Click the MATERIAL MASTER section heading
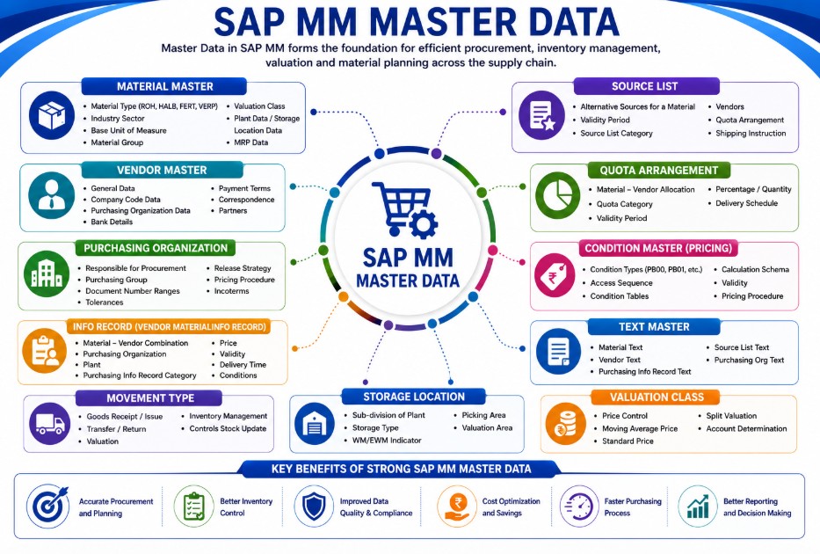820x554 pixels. click(x=164, y=86)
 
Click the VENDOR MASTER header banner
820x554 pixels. click(x=162, y=170)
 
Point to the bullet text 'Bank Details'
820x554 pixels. click(x=112, y=222)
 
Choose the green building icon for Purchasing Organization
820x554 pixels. click(x=47, y=273)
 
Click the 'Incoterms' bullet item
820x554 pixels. click(x=231, y=291)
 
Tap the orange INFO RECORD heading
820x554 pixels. click(x=169, y=327)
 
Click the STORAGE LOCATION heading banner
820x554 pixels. click(x=414, y=397)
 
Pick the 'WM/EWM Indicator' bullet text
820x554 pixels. click(x=387, y=441)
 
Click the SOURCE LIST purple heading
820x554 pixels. click(x=645, y=86)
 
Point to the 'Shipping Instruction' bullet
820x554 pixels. click(x=751, y=134)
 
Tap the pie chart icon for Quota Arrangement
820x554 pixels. click(x=557, y=196)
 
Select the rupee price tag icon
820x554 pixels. click(x=555, y=274)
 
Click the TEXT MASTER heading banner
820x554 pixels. click(x=654, y=327)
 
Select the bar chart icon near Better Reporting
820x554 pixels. click(x=698, y=507)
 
